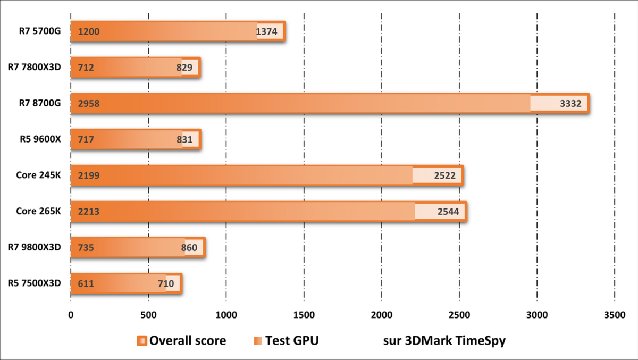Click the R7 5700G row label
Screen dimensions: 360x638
38,31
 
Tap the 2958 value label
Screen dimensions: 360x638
88,104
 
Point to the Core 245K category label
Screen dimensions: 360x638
38,175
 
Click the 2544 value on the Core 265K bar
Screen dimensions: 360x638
450,212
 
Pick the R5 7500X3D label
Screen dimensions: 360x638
35,283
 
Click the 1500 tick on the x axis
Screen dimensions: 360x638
304,315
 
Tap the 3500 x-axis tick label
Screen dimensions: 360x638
614,315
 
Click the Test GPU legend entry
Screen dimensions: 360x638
286,341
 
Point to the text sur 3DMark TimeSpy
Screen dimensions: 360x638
444,341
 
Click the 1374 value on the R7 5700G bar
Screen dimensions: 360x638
267,32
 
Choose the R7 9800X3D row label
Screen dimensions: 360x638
35,247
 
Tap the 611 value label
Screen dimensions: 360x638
86,283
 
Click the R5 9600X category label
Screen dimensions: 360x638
39,139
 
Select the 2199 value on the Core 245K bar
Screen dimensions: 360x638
88,175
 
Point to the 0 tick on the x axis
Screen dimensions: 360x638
71,315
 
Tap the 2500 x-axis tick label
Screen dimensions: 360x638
459,315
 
